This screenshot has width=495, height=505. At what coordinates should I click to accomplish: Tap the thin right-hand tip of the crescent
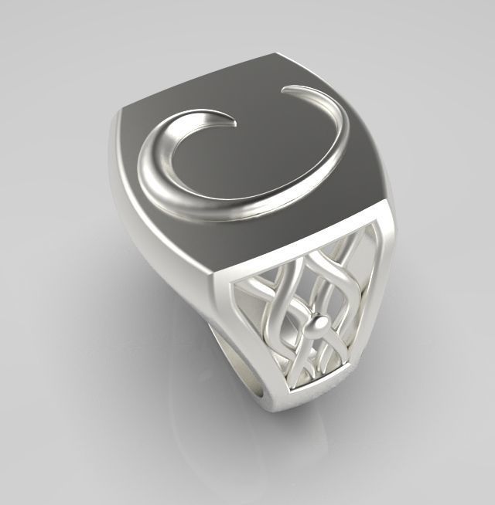(x=288, y=92)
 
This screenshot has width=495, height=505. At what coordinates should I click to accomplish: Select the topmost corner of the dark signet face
(x=277, y=55)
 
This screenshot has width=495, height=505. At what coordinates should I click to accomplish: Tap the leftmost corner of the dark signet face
(x=121, y=112)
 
